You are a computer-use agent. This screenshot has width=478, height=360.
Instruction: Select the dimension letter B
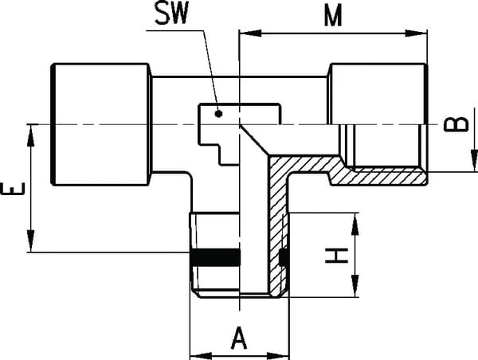[453, 124]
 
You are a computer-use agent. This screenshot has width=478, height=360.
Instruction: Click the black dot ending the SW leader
[222, 115]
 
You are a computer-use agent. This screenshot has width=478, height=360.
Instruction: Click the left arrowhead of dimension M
[246, 33]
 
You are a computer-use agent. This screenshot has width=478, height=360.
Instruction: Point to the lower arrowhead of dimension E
[31, 246]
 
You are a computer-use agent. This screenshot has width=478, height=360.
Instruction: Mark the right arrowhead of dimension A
[281, 351]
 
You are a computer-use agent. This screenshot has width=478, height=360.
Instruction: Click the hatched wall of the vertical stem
[278, 231]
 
